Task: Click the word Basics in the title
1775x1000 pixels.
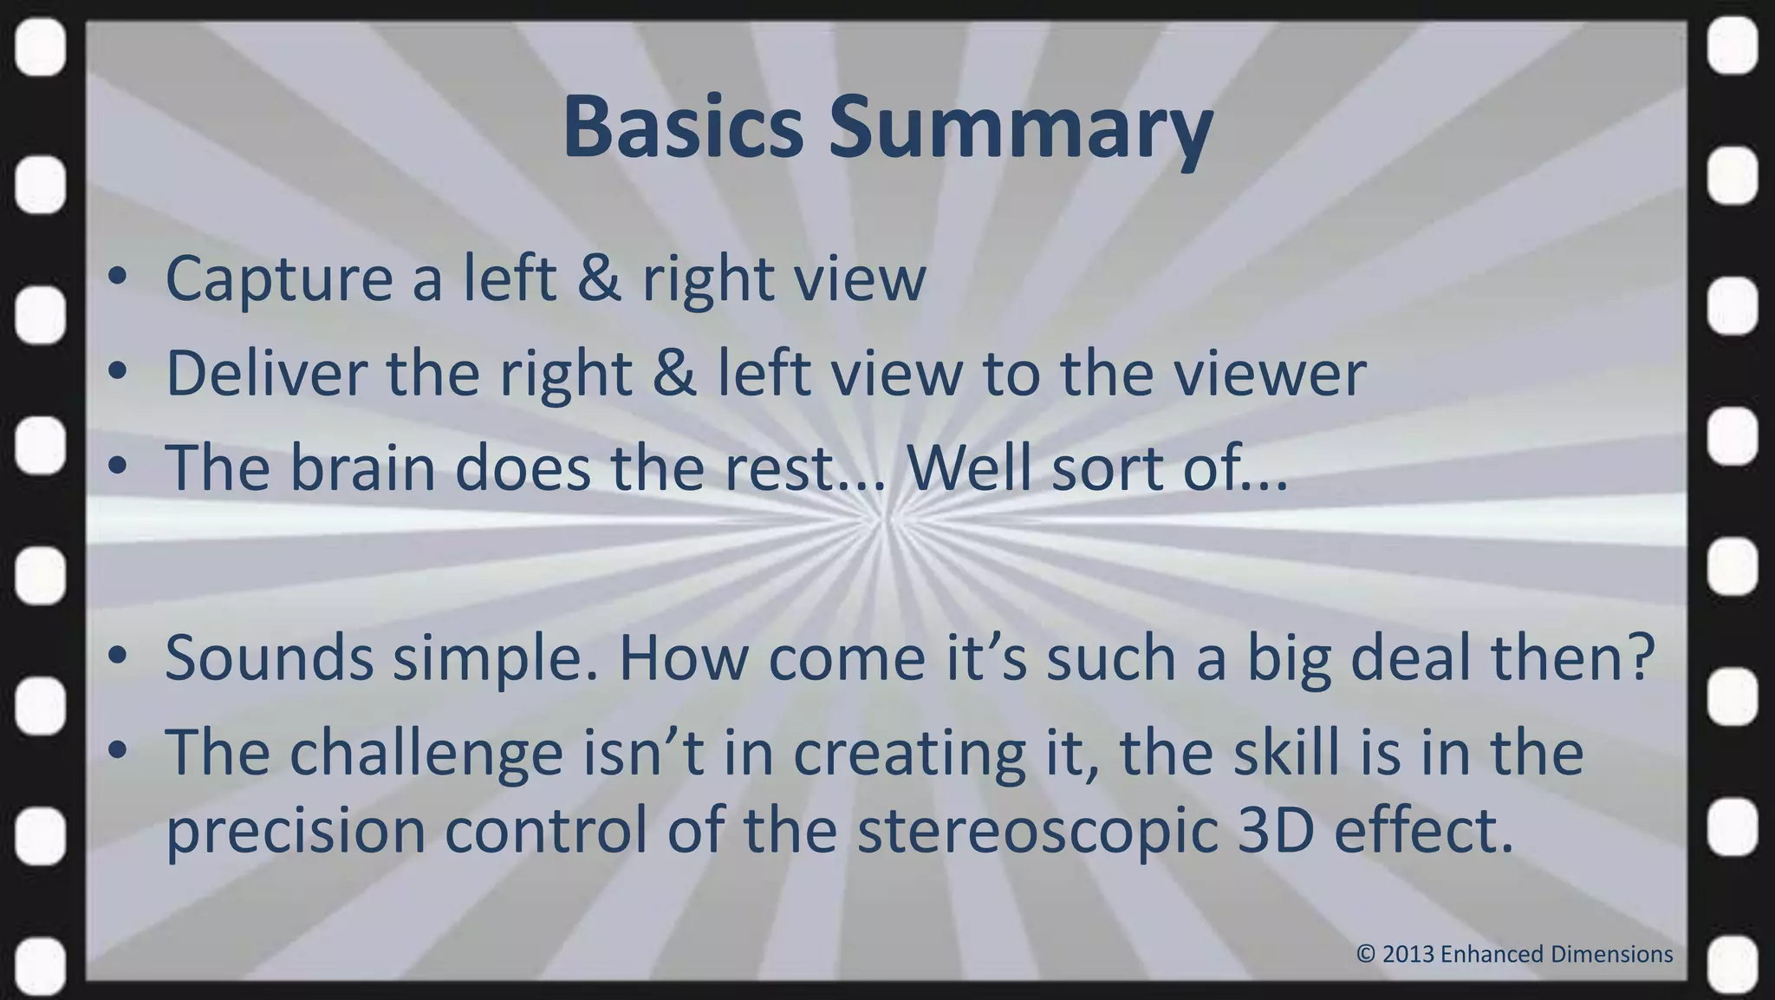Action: pos(683,127)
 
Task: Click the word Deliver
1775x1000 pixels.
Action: pos(264,374)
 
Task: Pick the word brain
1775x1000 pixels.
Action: pos(361,468)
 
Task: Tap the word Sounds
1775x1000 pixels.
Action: pos(269,657)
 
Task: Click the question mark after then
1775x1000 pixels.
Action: pos(1641,657)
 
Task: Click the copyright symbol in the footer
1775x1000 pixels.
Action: pos(1366,954)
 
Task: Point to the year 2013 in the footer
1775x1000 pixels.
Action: pos(1408,954)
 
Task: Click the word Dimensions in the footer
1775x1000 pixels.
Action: pos(1611,954)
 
